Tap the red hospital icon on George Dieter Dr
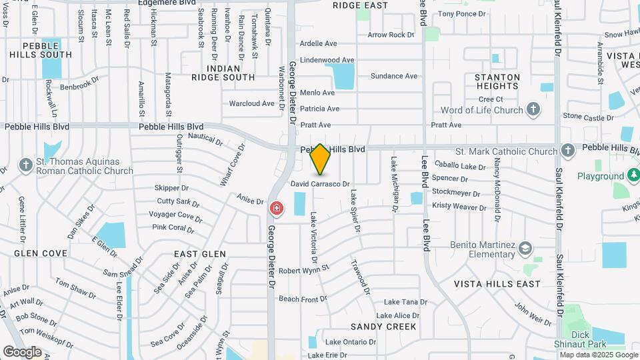click(x=275, y=209)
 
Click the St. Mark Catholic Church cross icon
click(x=567, y=151)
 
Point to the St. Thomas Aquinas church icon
click(x=25, y=165)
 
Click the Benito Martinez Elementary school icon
click(x=525, y=249)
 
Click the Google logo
click(x=22, y=351)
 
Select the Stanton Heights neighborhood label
click(x=497, y=82)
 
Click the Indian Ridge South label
click(x=223, y=73)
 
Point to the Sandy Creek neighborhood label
click(x=383, y=327)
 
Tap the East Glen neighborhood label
click(x=200, y=254)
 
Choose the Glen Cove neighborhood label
click(x=41, y=253)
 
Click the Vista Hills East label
click(x=497, y=284)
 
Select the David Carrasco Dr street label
click(x=320, y=183)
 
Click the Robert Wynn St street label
click(x=304, y=270)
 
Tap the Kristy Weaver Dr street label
click(x=459, y=207)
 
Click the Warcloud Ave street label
click(x=252, y=103)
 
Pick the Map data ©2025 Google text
click(x=598, y=355)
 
